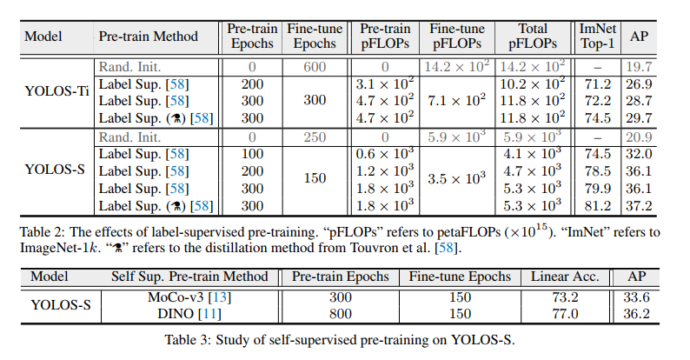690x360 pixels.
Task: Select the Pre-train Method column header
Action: [148, 37]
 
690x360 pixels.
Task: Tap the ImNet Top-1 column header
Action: [599, 37]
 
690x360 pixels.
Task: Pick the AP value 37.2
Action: [642, 205]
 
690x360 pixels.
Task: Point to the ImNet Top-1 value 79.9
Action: [599, 189]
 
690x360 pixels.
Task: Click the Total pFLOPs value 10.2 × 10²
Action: [532, 84]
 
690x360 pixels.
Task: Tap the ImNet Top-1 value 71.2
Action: [599, 84]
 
